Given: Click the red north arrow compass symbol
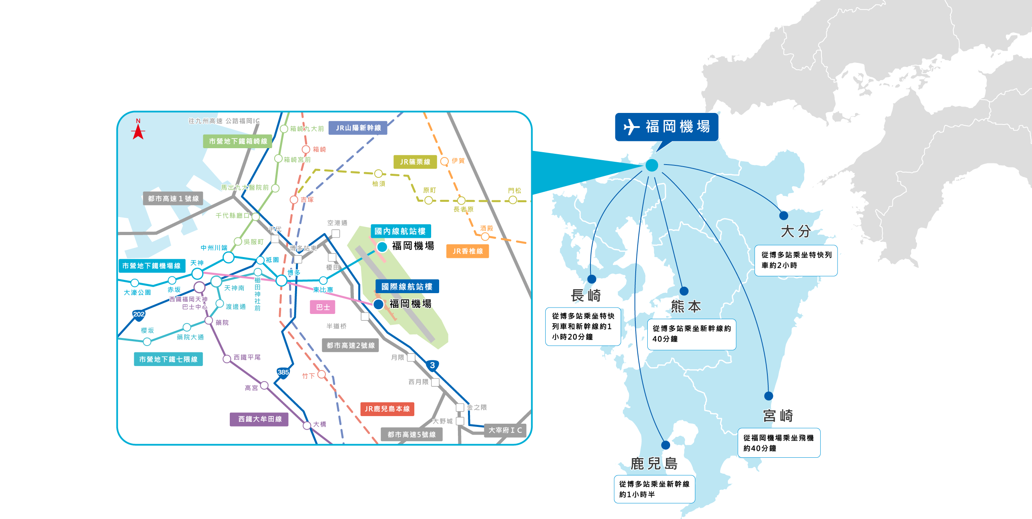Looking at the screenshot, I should coord(138,131).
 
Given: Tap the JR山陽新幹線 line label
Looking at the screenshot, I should coord(358,128).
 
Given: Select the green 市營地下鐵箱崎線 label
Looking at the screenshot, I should coord(237,141).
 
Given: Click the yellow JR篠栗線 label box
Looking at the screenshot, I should coord(415,162).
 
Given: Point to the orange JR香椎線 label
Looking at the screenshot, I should coord(467,251).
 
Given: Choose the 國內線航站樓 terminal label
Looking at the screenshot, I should coord(400,231).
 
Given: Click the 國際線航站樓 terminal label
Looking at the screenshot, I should coord(407,287).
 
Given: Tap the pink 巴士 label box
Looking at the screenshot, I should coord(323,308).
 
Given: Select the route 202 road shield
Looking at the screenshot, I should coord(139,315).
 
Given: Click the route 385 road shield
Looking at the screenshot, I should coord(283,372).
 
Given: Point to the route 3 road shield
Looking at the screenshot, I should coord(432,366).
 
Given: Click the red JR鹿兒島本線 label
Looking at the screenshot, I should coord(387,409).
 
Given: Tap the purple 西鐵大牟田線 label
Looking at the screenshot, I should coord(260,419).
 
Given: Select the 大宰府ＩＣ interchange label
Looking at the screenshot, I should coord(505,430).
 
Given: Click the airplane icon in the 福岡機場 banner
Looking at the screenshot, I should coord(631,127).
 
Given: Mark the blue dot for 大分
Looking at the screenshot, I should coord(784,215).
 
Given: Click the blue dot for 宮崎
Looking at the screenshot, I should coord(768,396).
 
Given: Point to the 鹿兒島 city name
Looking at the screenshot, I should coord(654,464).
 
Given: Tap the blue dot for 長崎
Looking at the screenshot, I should coord(592,279).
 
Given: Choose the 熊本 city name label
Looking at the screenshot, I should coord(686,307).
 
